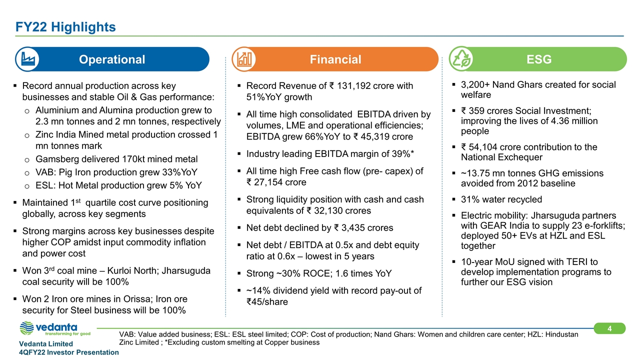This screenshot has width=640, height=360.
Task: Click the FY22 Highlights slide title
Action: point(65,26)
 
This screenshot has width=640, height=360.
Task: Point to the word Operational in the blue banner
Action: point(112,59)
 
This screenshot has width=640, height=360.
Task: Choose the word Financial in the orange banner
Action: point(335,59)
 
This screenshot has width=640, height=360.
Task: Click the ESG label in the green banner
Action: point(539,59)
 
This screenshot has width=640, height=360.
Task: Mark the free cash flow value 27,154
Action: point(268,182)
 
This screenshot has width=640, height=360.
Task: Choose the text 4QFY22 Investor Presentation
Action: point(68,352)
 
